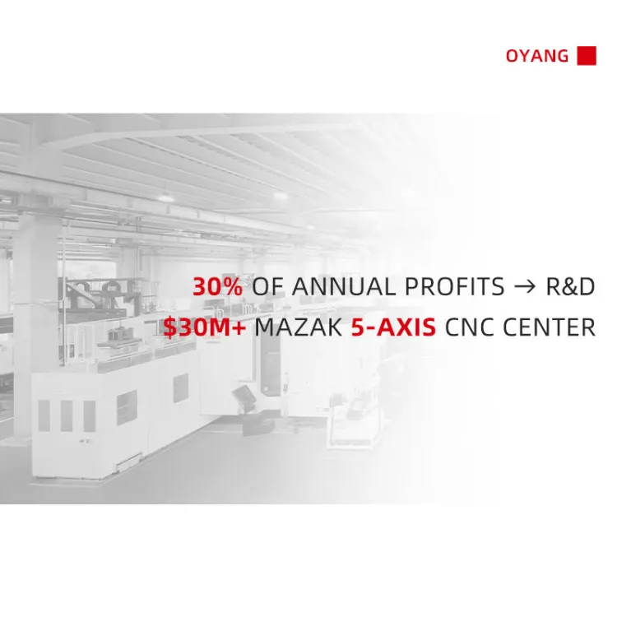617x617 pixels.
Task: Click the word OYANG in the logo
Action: (x=536, y=56)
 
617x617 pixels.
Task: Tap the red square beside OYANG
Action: (x=587, y=55)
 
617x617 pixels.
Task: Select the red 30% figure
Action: (x=218, y=286)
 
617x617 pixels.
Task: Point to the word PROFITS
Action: (x=454, y=286)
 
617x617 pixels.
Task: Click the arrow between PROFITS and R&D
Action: (x=525, y=287)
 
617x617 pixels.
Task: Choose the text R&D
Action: (x=570, y=286)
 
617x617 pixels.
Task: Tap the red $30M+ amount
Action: (x=205, y=327)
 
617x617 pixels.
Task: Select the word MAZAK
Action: (x=299, y=327)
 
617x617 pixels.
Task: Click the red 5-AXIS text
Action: (x=393, y=327)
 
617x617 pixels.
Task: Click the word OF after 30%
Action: (x=267, y=286)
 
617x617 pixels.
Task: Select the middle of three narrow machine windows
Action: (x=67, y=415)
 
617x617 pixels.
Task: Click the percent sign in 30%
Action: (x=231, y=286)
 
